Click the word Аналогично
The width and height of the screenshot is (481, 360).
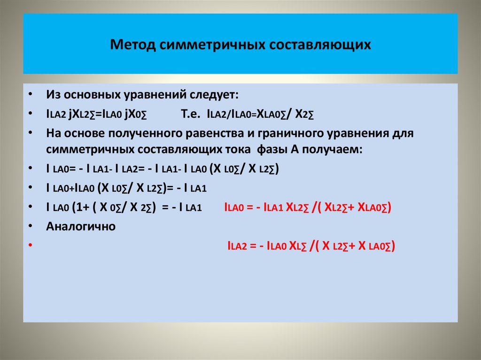[x=81, y=226]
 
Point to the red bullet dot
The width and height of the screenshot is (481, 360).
[x=30, y=245]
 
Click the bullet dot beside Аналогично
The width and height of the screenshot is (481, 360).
[x=30, y=226]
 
